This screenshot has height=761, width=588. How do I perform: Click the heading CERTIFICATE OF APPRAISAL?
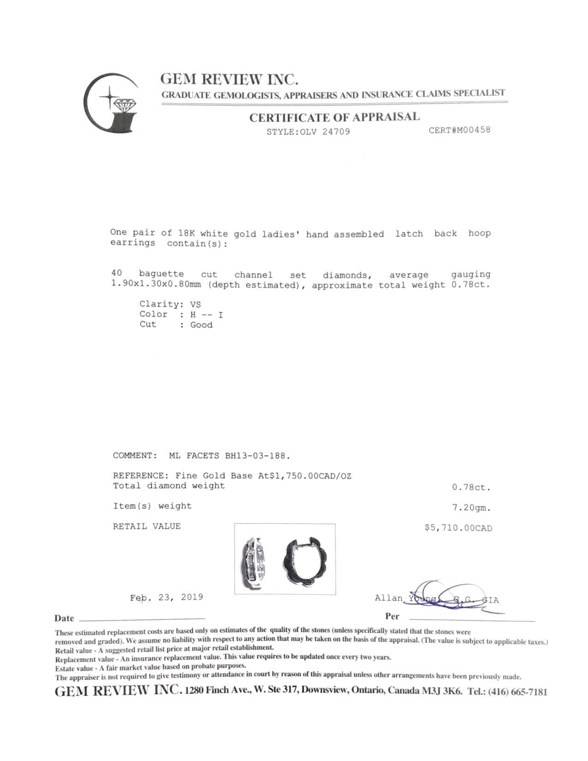[334, 117]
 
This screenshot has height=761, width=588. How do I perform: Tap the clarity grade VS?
[196, 304]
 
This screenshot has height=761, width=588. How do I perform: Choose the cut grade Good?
[202, 325]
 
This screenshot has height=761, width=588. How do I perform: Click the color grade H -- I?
[207, 315]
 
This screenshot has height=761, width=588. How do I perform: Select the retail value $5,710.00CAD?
[458, 528]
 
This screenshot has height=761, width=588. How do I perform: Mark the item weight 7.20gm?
[471, 508]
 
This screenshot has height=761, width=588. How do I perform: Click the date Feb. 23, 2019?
[166, 597]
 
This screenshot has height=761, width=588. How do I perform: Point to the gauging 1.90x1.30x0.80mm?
[156, 285]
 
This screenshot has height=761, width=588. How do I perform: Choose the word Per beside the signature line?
[392, 616]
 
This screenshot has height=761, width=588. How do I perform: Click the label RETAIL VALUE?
[147, 526]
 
